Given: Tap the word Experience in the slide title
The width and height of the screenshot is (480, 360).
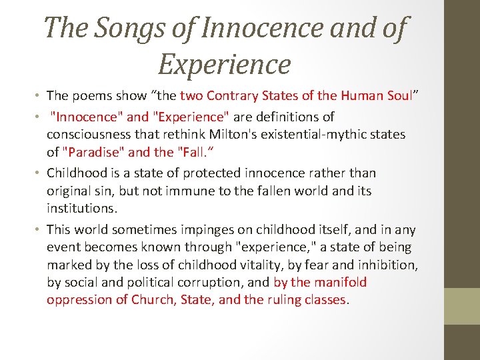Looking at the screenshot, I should click(x=225, y=64).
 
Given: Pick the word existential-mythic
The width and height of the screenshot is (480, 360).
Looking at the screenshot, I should click(x=347, y=134).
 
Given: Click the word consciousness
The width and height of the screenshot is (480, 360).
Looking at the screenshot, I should click(x=92, y=134).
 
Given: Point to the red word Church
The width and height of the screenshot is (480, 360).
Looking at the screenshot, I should click(x=155, y=299).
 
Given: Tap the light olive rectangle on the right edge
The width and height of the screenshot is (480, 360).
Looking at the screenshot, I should click(x=462, y=306).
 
